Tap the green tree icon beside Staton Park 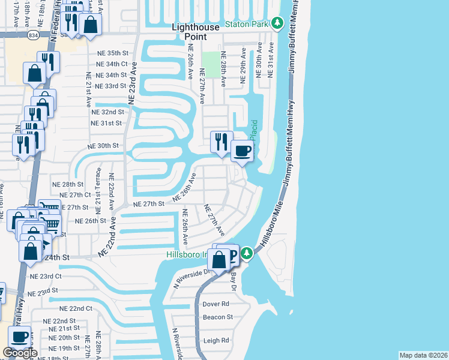tap(277, 23)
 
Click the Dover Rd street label tap(217, 304)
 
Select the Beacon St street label tap(217, 317)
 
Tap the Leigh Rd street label tap(217, 340)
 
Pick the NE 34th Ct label tap(112, 64)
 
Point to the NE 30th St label tap(104, 146)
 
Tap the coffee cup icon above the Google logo tap(19, 337)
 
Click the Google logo tap(20, 353)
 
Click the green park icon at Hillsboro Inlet tap(247, 254)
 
